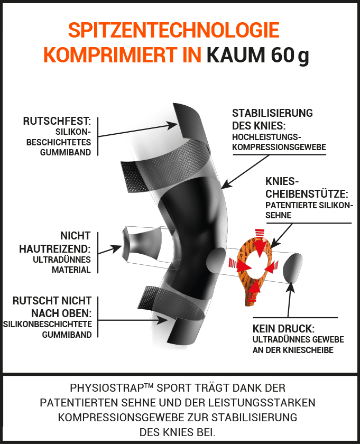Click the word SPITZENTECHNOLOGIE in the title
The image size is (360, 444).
point(174,30)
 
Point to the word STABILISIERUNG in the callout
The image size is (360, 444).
point(273,113)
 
